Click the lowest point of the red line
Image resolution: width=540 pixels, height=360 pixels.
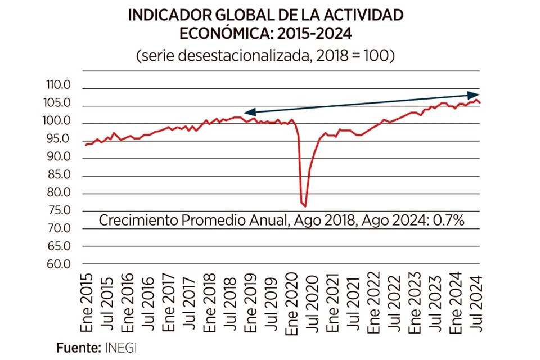pos(305,206)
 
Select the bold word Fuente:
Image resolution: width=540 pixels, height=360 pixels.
pos(78,347)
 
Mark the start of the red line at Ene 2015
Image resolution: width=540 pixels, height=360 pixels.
pos(85,145)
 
